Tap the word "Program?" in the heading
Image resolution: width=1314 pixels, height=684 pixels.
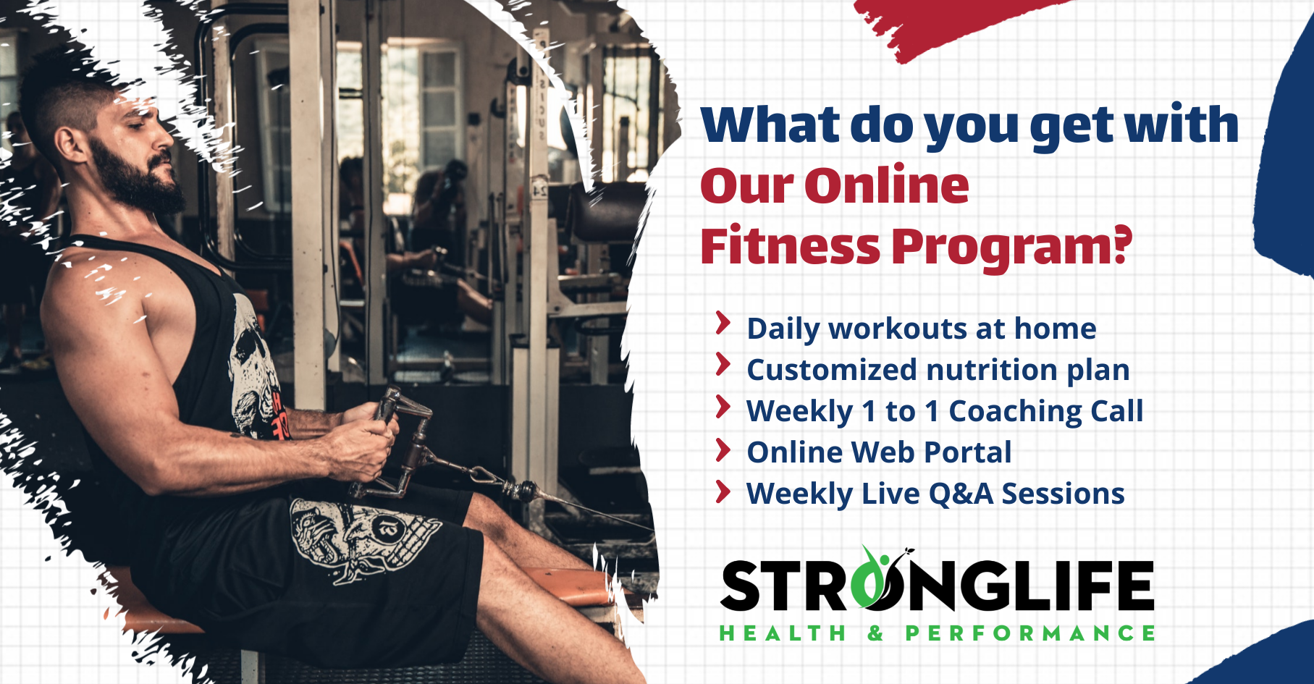1011,248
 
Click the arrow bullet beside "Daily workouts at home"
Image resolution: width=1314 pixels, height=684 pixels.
723,324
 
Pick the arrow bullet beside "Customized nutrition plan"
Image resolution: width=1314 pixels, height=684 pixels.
723,365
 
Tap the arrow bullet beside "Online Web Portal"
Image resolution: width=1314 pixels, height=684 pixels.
723,449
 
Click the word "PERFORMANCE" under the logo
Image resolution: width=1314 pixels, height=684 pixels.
1030,633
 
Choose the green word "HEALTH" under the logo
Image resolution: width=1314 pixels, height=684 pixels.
783,633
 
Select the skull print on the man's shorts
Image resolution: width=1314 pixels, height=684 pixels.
362,539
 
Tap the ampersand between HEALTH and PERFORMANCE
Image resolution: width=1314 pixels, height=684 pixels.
876,633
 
